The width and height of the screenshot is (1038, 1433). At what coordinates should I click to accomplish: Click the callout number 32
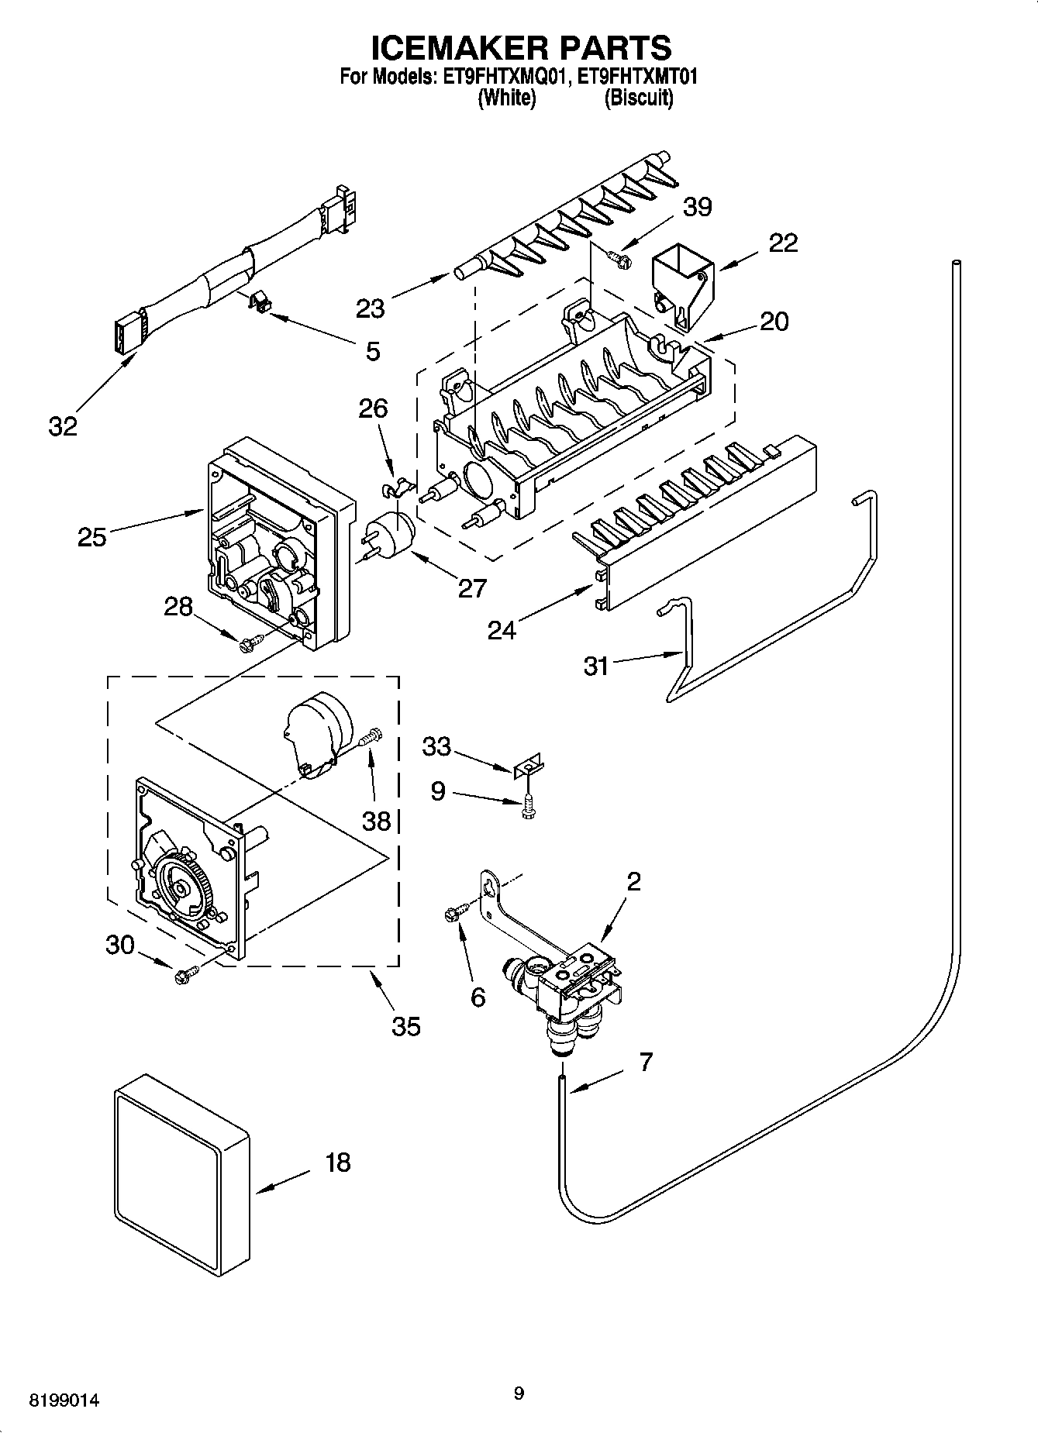pyautogui.click(x=63, y=425)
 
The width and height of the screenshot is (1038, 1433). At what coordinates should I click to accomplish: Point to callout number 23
pyautogui.click(x=371, y=308)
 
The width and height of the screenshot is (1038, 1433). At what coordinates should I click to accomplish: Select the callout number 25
pyautogui.click(x=91, y=536)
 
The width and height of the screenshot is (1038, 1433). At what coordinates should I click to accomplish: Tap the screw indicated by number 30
pyautogui.click(x=187, y=974)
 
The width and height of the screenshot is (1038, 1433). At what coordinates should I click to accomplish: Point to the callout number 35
pyautogui.click(x=406, y=1026)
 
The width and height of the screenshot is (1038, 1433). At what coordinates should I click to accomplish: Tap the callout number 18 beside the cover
pyautogui.click(x=338, y=1163)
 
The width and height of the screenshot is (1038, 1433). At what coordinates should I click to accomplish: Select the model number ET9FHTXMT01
pyautogui.click(x=633, y=78)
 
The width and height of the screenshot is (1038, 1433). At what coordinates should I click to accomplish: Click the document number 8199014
pyautogui.click(x=64, y=1401)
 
